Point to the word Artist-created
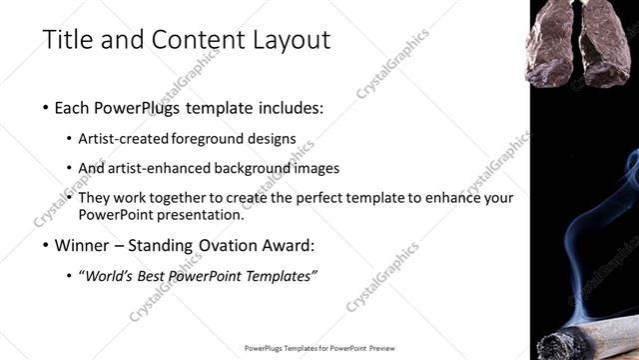(123, 139)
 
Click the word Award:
(289, 245)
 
